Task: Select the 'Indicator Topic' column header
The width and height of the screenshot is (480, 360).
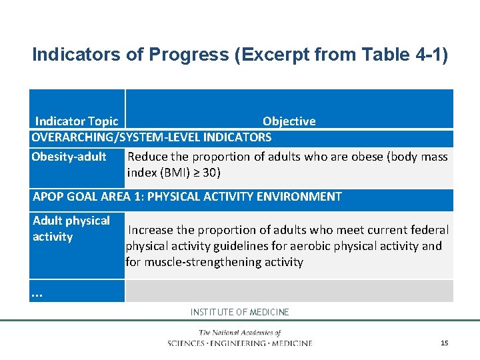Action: (x=76, y=121)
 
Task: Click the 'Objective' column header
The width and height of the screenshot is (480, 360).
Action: (x=289, y=121)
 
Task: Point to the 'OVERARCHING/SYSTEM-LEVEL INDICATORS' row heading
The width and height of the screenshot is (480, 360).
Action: (x=152, y=137)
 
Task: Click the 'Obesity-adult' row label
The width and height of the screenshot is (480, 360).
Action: (x=69, y=157)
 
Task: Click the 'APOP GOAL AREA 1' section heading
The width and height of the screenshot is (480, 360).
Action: (x=187, y=197)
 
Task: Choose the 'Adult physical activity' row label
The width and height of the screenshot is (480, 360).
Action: (x=71, y=229)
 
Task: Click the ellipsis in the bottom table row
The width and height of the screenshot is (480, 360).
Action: (x=37, y=292)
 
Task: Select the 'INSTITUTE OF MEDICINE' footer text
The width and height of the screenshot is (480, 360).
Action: (x=240, y=312)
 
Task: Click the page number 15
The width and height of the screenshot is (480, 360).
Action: (x=444, y=343)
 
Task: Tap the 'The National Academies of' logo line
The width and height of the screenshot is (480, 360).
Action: (x=240, y=333)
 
